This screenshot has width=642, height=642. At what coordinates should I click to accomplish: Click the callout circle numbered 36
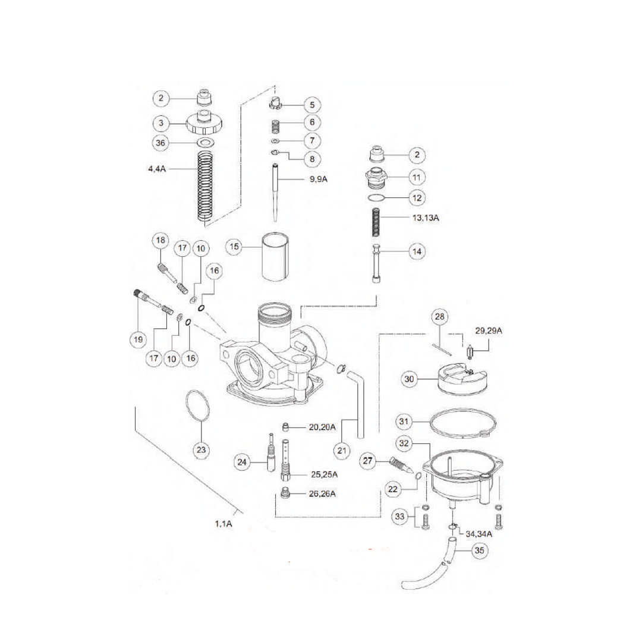(160, 143)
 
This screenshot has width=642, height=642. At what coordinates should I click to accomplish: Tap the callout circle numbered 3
(160, 124)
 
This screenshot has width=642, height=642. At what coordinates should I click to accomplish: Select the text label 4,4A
(158, 169)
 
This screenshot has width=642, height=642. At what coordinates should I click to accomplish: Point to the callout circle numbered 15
(236, 246)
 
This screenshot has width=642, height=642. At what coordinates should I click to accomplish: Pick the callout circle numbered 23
(202, 450)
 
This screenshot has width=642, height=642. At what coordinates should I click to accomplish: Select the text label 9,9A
(318, 179)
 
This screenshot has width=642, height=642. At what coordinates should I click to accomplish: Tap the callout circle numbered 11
(416, 177)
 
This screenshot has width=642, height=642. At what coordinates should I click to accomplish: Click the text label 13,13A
(425, 218)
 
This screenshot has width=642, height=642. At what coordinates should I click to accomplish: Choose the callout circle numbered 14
(416, 251)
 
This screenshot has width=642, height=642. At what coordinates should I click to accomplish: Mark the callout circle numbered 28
(439, 317)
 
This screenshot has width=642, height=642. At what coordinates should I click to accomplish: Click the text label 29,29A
(489, 331)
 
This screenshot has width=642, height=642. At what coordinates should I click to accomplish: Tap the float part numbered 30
(462, 380)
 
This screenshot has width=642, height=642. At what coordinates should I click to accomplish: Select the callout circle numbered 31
(405, 422)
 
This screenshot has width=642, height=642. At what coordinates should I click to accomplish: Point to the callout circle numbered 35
(480, 552)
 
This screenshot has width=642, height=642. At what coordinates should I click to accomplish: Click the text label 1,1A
(224, 524)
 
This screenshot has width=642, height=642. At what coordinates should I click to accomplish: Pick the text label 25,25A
(324, 474)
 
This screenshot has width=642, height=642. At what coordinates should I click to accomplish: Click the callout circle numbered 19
(139, 339)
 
